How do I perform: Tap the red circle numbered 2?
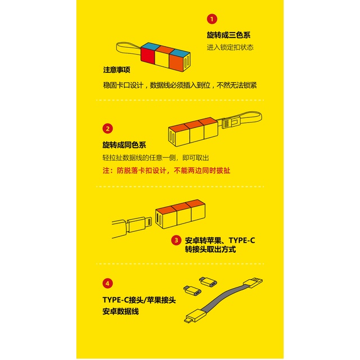[x=108, y=128]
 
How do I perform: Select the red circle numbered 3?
[x=176, y=240]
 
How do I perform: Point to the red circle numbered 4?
[x=108, y=283]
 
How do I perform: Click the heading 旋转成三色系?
[x=229, y=35]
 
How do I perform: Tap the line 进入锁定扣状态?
[x=230, y=48]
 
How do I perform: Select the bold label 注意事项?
[x=117, y=70]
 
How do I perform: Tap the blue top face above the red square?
[x=151, y=45]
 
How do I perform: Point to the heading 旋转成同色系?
[x=124, y=145]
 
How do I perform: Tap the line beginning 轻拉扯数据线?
[x=160, y=158]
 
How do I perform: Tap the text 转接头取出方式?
[x=210, y=249]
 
